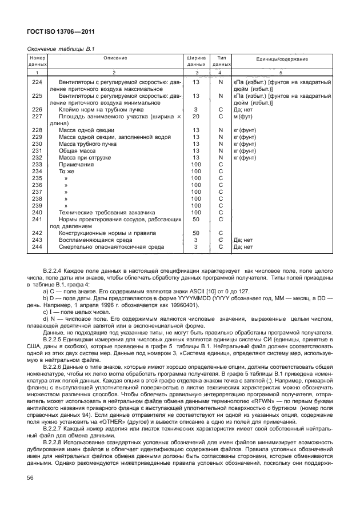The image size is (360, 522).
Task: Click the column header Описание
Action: point(115,59)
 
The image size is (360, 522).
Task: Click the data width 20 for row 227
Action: point(195,116)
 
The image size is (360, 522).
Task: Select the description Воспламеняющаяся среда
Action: point(94,240)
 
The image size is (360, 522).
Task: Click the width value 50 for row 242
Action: point(195,233)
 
